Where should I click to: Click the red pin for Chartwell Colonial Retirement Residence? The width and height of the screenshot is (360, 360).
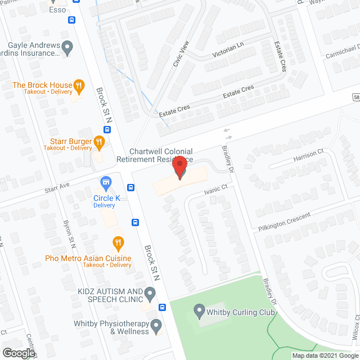(179, 168)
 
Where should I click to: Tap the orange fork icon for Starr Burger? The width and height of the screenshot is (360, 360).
(100, 141)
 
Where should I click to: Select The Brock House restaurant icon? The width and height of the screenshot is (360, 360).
(79, 86)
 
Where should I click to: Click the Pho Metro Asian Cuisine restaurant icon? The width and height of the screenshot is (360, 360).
(118, 244)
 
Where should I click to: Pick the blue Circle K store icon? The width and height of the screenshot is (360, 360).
(105, 183)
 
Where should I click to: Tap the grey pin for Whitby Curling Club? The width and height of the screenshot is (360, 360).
(199, 309)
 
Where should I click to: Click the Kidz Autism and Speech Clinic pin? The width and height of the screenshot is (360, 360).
(150, 292)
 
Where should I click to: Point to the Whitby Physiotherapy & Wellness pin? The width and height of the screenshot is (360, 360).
(156, 325)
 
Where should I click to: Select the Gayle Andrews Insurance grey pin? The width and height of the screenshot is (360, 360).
(67, 48)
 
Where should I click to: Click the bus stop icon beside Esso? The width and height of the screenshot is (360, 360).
(71, 20)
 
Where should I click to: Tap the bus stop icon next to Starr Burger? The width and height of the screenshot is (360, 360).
(107, 129)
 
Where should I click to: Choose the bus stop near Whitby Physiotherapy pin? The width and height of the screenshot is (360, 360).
(162, 307)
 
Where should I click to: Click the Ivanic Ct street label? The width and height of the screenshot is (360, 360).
(216, 191)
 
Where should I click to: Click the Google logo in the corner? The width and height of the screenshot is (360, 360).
(18, 353)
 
